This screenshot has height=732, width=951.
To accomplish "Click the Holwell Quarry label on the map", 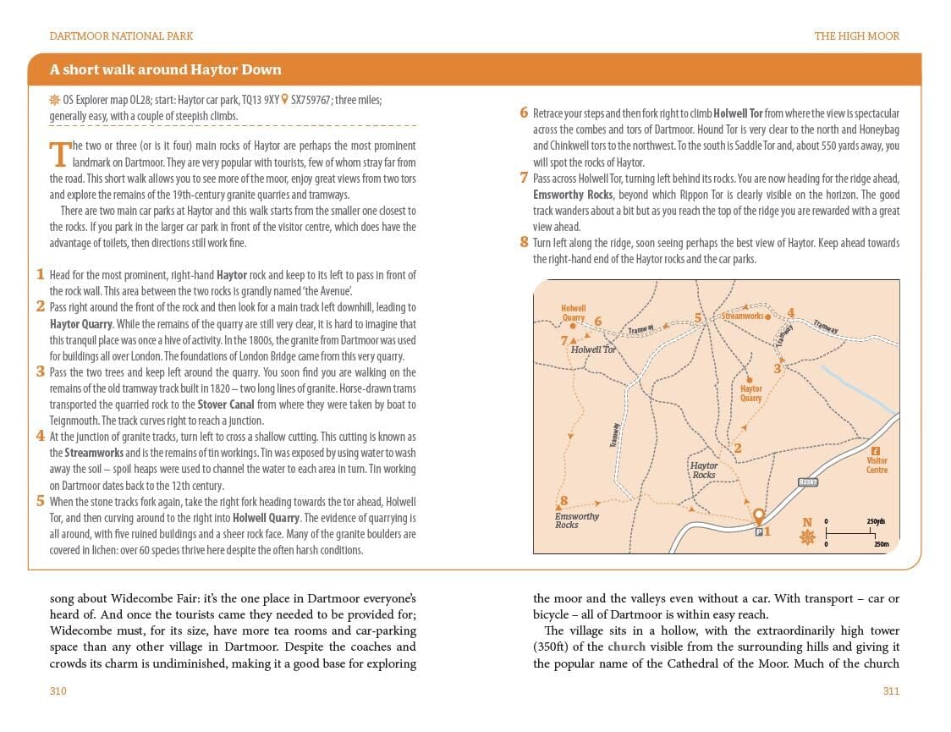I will coord(573,313).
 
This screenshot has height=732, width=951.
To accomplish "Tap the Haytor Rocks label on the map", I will coord(703,470).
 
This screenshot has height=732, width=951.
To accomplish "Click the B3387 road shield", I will coord(807,482).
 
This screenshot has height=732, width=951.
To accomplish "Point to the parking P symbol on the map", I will coord(757,531).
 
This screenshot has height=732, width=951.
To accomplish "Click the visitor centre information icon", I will coord(876,451).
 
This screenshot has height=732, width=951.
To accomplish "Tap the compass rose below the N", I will coord(807,537).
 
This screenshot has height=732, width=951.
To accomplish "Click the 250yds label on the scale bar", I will coord(875,522).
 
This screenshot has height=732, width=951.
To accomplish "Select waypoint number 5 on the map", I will coord(698,318).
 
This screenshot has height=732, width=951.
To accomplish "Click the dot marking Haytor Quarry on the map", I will coord(747,379).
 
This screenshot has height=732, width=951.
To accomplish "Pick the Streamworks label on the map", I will coord(742,316).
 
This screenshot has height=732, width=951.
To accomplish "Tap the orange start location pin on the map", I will coord(758,515).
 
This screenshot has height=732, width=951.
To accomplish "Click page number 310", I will coord(58,691).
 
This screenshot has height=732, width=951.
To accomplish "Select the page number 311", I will coord(890,691).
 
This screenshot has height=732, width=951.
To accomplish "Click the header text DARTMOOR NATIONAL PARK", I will coord(121,36).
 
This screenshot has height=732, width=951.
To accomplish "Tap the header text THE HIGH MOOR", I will coord(856,36).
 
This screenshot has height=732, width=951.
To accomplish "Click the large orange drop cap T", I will coord(58,154).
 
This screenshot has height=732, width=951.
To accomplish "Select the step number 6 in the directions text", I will coord(524,113).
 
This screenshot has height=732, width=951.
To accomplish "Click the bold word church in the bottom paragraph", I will coord(626,647).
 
